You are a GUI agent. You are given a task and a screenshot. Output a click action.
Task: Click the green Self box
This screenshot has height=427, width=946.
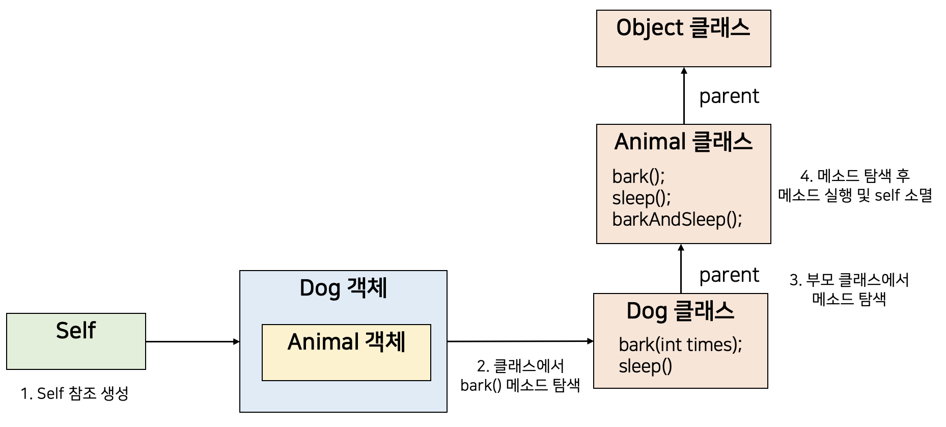pyautogui.click(x=76, y=341)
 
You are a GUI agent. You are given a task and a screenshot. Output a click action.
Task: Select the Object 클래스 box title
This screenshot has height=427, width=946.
pyautogui.click(x=683, y=28)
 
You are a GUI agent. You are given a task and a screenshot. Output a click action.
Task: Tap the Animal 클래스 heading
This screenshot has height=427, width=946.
pyautogui.click(x=683, y=142)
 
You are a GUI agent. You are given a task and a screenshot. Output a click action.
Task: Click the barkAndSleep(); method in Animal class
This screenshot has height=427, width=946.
pyautogui.click(x=677, y=220)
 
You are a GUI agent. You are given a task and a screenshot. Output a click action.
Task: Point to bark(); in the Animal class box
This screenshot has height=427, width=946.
pyautogui.click(x=638, y=177)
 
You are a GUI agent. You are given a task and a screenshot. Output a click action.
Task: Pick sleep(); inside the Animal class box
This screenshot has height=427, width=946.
pyautogui.click(x=641, y=198)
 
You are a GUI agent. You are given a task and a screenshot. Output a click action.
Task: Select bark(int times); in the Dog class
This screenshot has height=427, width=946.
pyautogui.click(x=680, y=345)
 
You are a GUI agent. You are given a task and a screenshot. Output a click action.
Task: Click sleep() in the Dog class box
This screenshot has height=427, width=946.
pyautogui.click(x=645, y=366)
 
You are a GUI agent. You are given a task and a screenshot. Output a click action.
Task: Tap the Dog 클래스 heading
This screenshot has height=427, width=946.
pyautogui.click(x=680, y=311)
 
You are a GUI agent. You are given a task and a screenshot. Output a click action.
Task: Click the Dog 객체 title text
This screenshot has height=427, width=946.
pyautogui.click(x=343, y=288)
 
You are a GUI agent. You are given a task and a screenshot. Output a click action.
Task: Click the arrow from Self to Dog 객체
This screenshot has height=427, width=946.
pyautogui.click(x=192, y=341)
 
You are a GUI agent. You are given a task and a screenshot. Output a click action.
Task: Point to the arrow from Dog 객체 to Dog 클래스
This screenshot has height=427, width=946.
pyautogui.click(x=520, y=341)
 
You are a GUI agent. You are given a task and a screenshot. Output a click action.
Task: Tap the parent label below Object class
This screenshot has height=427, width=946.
pyautogui.click(x=729, y=96)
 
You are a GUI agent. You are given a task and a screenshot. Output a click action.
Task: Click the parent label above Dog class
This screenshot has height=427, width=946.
pyautogui.click(x=729, y=275)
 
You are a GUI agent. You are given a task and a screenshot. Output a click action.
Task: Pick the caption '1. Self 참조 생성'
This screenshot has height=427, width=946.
pyautogui.click(x=74, y=393)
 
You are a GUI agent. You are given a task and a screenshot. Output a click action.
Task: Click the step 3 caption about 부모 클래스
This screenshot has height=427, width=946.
pyautogui.click(x=849, y=289)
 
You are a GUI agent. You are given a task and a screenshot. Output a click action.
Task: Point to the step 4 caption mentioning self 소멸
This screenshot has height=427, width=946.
pyautogui.click(x=855, y=185)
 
